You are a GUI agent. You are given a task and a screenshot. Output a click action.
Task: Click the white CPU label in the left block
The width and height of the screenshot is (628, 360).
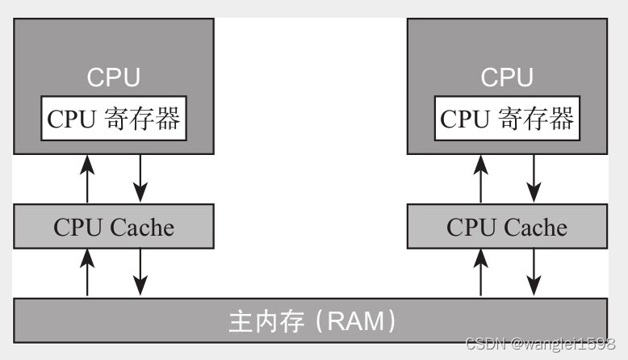point(114,77)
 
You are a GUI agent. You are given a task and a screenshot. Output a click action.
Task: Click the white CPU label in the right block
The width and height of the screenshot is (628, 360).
point(507,77)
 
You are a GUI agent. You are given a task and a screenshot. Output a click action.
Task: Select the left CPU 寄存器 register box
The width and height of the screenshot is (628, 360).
point(114,118)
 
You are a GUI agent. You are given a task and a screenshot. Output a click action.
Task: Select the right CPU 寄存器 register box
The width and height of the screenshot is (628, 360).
point(507,118)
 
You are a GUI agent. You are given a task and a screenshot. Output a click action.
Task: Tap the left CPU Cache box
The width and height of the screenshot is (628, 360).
point(114,226)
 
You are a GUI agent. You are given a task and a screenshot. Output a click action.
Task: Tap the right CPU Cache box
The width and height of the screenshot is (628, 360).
point(507,226)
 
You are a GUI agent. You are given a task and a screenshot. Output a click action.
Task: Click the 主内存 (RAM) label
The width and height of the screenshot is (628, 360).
point(312,320)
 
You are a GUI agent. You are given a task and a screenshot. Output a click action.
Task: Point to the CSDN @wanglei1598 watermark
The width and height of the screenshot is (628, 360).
point(540,344)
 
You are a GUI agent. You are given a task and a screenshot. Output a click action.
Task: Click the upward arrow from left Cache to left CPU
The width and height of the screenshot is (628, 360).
point(87,179)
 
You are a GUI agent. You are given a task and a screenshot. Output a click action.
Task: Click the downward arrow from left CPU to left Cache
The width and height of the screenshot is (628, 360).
point(140,178)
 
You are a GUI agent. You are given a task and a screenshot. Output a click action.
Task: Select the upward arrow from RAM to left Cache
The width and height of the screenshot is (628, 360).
point(87,273)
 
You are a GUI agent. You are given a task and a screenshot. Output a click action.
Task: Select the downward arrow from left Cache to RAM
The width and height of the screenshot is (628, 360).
point(140,272)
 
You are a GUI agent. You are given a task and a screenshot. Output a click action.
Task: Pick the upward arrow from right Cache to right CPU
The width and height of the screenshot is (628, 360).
point(480,179)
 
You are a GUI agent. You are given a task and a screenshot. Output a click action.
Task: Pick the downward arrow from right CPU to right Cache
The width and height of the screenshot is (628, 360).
point(534,178)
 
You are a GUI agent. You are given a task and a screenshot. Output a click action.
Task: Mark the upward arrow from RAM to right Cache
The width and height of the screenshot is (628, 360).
point(480,273)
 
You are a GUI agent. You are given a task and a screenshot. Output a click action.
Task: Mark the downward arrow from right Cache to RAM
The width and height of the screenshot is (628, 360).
point(534,272)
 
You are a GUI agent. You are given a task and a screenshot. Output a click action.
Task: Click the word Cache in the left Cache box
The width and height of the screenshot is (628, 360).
point(142,228)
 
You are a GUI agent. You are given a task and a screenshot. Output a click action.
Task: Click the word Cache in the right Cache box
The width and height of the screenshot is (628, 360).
point(535,228)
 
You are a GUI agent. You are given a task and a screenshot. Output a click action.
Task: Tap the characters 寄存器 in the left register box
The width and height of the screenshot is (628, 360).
point(142,119)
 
